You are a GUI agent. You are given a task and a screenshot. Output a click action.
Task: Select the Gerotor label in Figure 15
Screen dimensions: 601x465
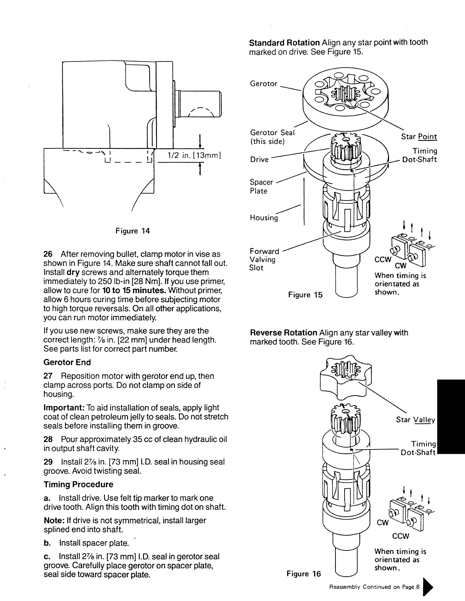point(264,84)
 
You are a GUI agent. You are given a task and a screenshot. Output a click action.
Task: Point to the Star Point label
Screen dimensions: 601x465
point(419,137)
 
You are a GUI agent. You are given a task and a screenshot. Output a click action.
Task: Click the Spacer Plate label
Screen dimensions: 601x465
point(261,186)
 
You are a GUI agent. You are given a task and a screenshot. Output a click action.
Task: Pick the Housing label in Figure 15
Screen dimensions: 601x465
point(264,218)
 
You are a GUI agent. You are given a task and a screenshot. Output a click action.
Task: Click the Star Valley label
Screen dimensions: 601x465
point(415,420)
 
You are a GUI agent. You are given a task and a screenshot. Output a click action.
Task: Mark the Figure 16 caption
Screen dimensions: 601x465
point(304,574)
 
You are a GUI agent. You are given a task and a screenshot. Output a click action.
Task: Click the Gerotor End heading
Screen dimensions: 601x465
point(67,362)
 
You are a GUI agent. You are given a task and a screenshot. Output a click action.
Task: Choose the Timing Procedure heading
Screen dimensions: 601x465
point(78,484)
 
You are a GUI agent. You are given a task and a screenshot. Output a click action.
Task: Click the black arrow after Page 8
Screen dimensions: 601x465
point(428,587)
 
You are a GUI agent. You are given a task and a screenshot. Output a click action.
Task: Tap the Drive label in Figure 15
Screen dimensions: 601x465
point(259,159)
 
